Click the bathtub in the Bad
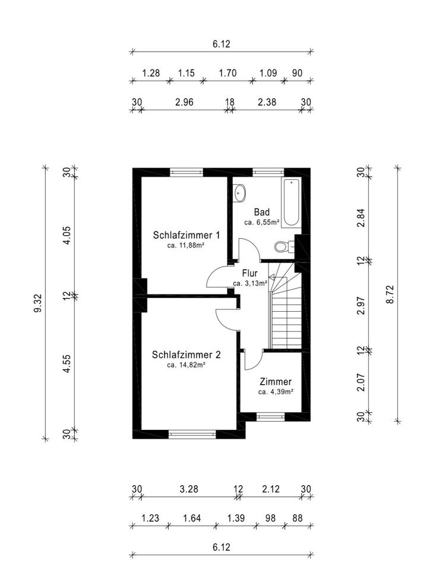coord(291,202)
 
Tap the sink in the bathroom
coord(240,192)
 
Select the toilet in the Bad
coord(283,246)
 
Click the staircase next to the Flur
coord(285,312)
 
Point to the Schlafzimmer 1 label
coord(187,235)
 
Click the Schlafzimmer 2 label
coord(187,355)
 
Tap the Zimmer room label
coord(275,382)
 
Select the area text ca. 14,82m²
coord(187,365)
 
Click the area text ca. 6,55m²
coord(262,222)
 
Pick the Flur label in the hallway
coord(249,274)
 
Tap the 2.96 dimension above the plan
coord(185,102)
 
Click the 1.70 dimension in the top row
coord(228,74)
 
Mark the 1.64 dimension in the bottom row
coord(192,518)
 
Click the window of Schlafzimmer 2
coord(192,434)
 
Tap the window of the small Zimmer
coord(271,416)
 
